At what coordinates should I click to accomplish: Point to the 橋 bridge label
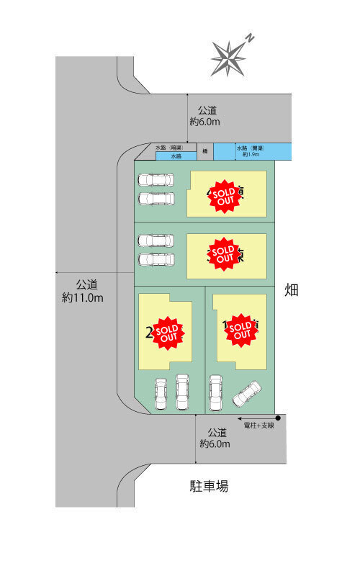coord(205,151)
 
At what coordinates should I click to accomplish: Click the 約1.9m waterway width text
coord(251,155)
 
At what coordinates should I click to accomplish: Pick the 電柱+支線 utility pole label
coord(259,426)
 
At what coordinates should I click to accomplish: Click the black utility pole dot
coord(278,417)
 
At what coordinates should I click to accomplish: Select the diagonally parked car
coord(246,393)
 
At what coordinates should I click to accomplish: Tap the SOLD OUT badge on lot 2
coord(168,331)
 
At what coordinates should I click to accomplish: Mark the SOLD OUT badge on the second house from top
coord(222,253)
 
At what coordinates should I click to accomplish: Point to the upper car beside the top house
coord(156,180)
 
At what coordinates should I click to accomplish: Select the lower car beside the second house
coord(156,258)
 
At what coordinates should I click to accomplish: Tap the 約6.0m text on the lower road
coord(215,444)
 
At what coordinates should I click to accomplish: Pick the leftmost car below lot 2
coord(161,393)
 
